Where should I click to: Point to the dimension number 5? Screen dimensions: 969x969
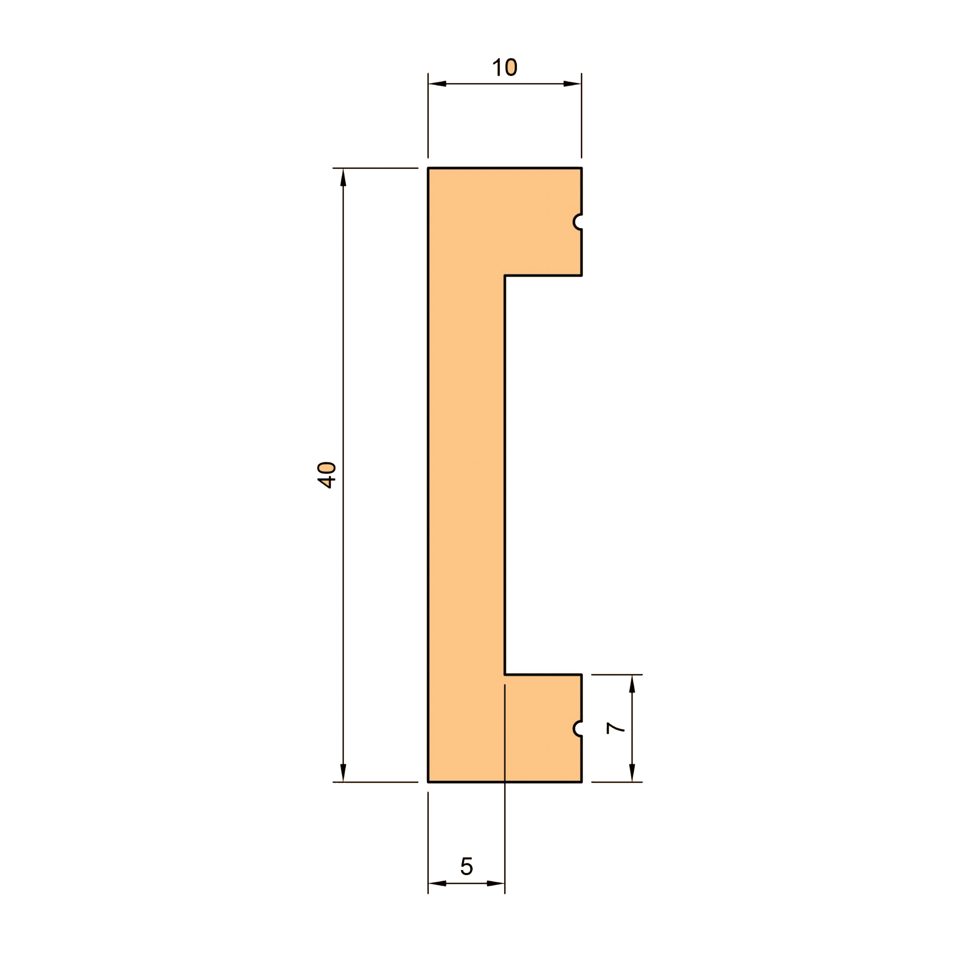point(466,866)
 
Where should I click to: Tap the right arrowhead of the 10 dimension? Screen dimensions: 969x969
point(572,84)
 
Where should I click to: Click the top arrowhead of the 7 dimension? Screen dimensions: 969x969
point(632,684)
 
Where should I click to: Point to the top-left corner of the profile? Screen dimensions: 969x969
point(428,168)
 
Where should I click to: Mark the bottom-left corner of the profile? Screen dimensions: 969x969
point(428,782)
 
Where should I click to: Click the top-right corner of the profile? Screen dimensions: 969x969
point(581,168)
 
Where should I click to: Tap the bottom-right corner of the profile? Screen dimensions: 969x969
point(581,782)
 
